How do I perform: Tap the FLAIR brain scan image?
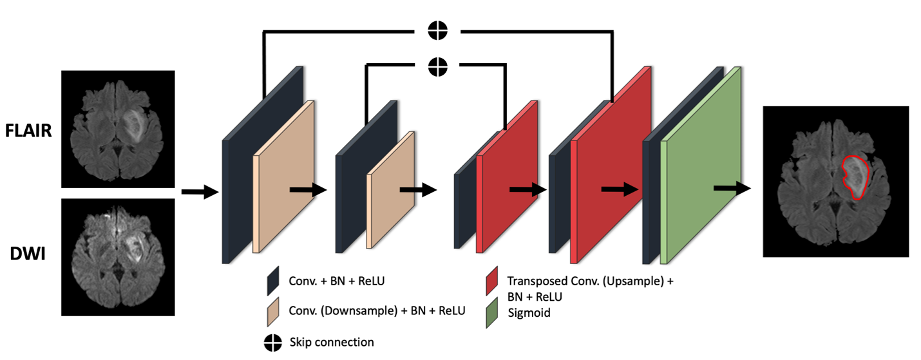[x=118, y=126]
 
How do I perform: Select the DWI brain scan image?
[x=118, y=256]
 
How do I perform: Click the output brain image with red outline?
[x=835, y=182]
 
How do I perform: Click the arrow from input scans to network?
[x=200, y=191]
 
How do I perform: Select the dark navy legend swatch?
[x=273, y=281]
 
